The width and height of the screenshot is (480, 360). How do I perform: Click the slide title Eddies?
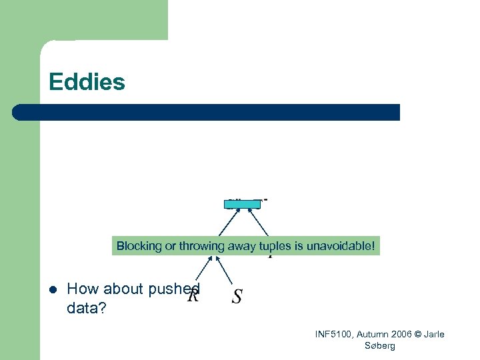click(87, 83)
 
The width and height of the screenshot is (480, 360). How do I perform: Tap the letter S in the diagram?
click(237, 297)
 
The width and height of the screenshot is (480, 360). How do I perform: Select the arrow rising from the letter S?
click(227, 271)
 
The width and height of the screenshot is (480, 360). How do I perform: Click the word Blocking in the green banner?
click(139, 246)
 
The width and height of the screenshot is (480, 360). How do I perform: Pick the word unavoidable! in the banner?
click(343, 246)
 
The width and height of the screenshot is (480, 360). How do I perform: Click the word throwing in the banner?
click(199, 246)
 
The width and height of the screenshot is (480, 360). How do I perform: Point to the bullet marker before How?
click(51, 289)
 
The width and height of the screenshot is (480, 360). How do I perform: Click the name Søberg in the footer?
click(380, 345)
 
